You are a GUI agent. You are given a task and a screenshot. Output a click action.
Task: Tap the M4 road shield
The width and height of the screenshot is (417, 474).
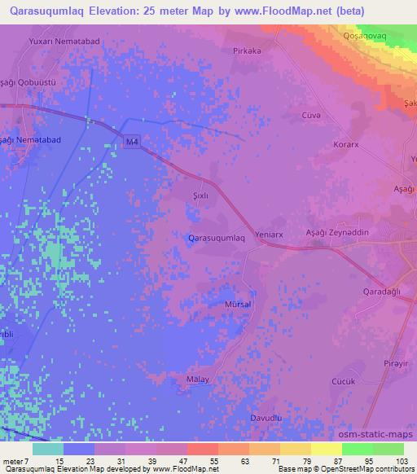[x=132, y=143]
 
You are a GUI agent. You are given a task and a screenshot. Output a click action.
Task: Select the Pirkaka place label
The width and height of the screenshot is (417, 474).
[x=246, y=50]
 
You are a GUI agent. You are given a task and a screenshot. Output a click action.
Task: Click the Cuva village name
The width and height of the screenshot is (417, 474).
[x=313, y=116]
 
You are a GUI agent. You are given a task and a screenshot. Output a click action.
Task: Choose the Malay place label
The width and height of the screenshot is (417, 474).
[x=198, y=380]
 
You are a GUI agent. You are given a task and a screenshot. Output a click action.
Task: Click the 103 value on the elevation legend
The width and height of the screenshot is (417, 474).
[x=400, y=461]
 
